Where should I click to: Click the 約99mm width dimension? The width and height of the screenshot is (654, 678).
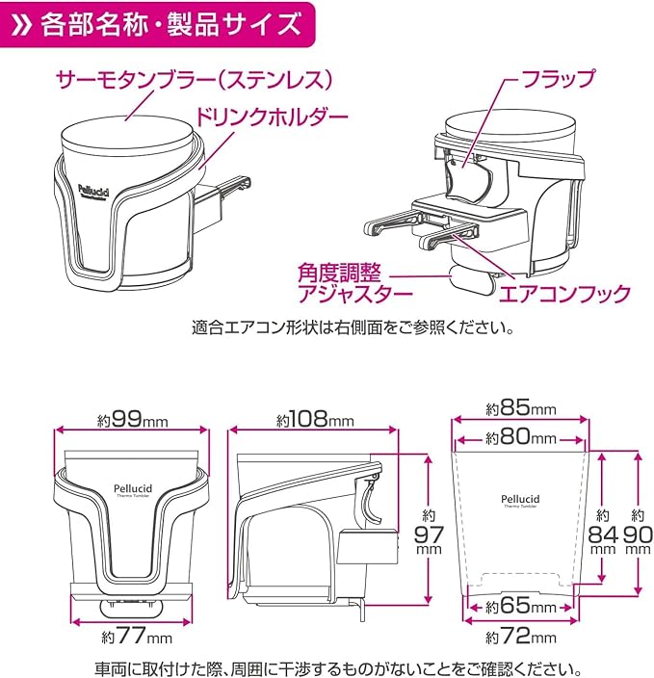click(133, 420)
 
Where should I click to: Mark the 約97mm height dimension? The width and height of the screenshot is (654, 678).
click(427, 535)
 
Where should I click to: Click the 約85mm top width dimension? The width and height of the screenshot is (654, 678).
click(520, 408)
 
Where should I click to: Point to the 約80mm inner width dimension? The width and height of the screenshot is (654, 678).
click(520, 438)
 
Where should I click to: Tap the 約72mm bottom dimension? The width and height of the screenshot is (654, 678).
click(520, 638)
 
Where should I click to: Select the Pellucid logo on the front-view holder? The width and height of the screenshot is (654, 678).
click(133, 484)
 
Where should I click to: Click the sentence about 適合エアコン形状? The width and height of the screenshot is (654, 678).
click(353, 327)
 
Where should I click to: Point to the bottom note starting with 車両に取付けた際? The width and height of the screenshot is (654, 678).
click(327, 666)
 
